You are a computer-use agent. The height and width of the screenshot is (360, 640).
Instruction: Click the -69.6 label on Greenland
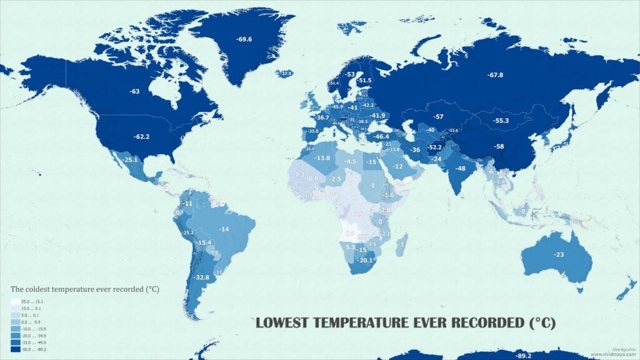click(x=244, y=39)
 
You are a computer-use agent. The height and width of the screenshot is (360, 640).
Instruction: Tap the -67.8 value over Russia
click(x=496, y=75)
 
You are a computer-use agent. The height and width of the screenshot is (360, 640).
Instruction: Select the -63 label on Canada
click(x=134, y=91)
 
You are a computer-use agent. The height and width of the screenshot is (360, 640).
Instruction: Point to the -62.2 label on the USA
click(x=142, y=136)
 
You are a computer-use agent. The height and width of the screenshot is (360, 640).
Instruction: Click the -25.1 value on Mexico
click(x=129, y=160)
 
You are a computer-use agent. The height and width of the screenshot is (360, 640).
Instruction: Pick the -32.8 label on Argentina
click(x=201, y=277)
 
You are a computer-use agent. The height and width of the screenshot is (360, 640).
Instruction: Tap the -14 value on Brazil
click(x=224, y=229)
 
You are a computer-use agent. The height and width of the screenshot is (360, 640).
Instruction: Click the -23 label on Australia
click(x=559, y=254)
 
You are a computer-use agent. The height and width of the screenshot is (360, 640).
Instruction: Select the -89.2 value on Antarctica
click(x=523, y=356)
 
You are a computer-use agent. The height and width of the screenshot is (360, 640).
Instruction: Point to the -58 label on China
click(x=499, y=146)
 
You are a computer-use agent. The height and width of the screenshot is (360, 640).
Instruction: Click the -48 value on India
click(x=461, y=169)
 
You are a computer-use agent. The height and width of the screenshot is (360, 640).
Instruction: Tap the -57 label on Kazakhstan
click(x=439, y=117)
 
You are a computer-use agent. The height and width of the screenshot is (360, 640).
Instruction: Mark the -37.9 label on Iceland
click(x=286, y=74)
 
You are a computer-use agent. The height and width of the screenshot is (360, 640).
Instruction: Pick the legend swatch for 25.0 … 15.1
click(x=15, y=301)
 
